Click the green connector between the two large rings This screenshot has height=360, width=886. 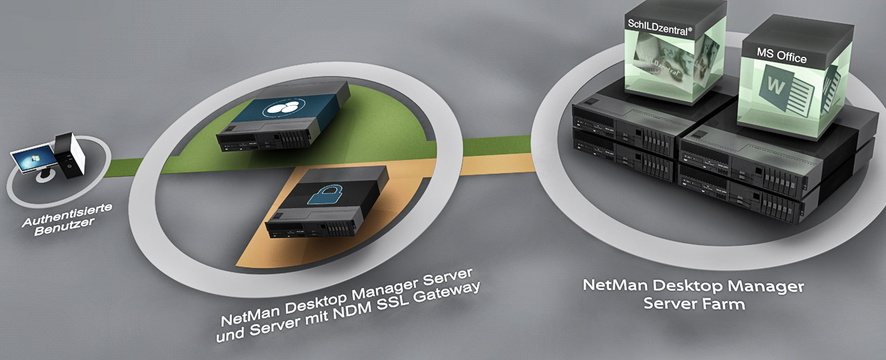pos(498,145)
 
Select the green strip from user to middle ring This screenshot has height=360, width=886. pos(124,167)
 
